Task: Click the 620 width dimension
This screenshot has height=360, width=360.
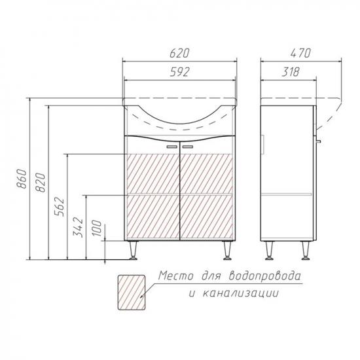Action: coord(179,53)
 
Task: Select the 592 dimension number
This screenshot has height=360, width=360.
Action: coord(179,72)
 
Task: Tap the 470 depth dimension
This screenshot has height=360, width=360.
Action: coord(300,53)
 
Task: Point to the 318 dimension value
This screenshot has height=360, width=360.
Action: coord(291,72)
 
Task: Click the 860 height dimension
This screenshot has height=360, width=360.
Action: coord(22,179)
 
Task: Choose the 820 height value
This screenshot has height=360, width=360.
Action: coord(41,183)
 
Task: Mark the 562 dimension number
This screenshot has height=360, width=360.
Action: coord(59,207)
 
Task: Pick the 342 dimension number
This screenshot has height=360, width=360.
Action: coord(78,227)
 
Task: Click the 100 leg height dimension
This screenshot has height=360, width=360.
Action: coord(96,228)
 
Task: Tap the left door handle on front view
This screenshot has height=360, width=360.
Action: coord(172,147)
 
